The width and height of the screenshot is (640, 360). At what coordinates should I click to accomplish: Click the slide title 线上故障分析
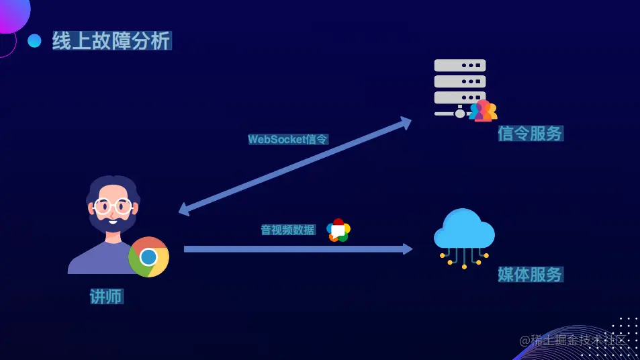click(111, 41)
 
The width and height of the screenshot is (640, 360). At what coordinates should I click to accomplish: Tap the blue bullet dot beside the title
click(34, 41)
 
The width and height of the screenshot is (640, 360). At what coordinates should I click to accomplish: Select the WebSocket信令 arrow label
click(288, 140)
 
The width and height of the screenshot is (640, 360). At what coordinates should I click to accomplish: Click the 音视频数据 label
click(287, 230)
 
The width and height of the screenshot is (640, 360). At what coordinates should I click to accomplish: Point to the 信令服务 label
click(530, 134)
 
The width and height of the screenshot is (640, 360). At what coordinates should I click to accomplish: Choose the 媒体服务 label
click(530, 274)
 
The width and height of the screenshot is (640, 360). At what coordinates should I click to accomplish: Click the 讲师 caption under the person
click(107, 296)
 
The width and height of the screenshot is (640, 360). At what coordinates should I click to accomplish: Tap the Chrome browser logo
click(148, 257)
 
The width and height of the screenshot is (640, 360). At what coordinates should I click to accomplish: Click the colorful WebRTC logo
click(338, 230)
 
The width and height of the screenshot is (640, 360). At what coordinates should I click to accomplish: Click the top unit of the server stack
click(460, 65)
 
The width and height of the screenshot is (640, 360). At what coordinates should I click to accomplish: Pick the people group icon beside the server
click(484, 111)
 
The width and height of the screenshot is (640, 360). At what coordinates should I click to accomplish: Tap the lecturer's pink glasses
click(113, 206)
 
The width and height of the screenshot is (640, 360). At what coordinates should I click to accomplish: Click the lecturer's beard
click(113, 224)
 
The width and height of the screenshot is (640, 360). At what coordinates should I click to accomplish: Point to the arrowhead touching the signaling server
click(405, 122)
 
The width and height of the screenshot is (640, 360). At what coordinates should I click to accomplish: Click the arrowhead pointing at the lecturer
click(185, 209)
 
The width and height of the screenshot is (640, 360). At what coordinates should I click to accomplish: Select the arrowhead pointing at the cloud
click(407, 249)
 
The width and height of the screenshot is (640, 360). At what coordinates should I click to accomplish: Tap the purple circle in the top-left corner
click(11, 13)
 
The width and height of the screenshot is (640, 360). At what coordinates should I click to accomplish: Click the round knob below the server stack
click(460, 114)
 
